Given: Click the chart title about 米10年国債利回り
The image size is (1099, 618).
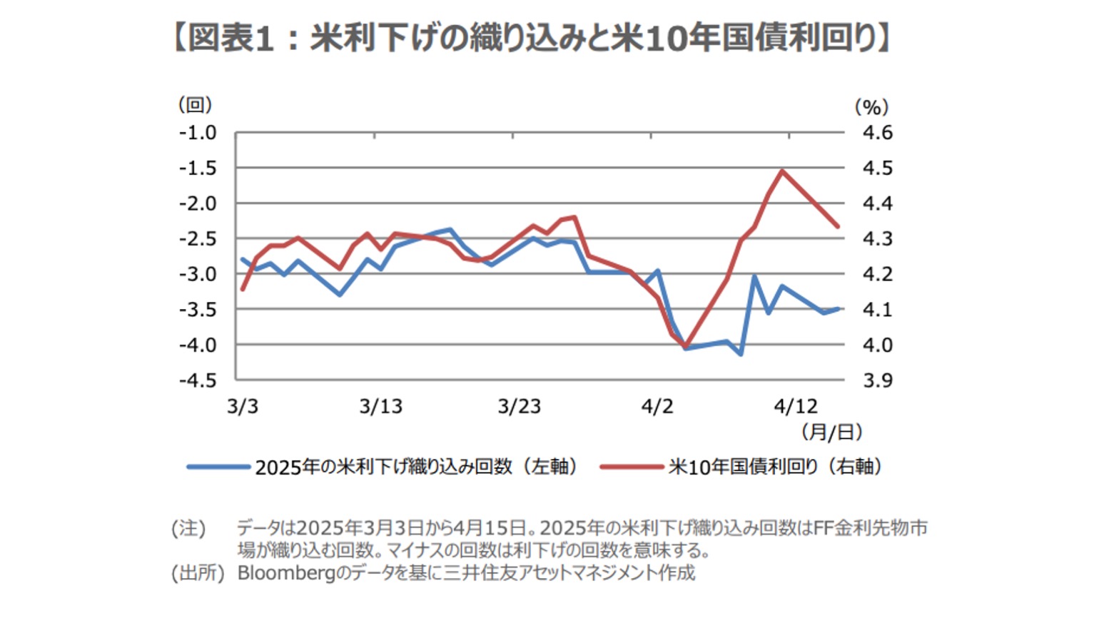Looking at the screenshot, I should (x=532, y=37).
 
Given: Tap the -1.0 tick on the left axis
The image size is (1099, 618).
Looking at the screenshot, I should (x=198, y=133).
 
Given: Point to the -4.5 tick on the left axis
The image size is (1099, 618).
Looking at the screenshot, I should (x=198, y=380).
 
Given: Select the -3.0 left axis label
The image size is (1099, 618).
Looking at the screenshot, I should (x=198, y=274).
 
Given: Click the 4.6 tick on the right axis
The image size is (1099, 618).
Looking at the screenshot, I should (x=877, y=133).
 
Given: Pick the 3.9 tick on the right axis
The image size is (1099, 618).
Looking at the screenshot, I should (x=877, y=380).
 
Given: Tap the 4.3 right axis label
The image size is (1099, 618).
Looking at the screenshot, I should (x=877, y=239).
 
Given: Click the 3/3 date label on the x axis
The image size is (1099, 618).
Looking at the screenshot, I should (x=243, y=407).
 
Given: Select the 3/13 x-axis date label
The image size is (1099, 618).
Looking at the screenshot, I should (x=380, y=407).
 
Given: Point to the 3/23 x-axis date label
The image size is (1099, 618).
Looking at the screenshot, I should (x=519, y=407).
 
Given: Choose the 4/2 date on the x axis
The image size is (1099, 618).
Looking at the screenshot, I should (x=657, y=407).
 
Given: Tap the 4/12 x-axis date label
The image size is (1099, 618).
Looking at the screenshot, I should (x=796, y=407).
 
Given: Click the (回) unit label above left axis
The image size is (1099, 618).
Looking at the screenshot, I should (x=195, y=105).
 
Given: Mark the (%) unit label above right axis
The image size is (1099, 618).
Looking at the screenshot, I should (x=871, y=107).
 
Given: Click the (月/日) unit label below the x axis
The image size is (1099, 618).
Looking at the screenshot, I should (x=831, y=432).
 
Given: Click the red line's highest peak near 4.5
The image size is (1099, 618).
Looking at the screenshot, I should (x=782, y=171).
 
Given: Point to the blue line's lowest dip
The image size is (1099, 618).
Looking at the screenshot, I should (x=741, y=354).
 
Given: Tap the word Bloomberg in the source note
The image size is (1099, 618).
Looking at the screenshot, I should (x=285, y=573).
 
